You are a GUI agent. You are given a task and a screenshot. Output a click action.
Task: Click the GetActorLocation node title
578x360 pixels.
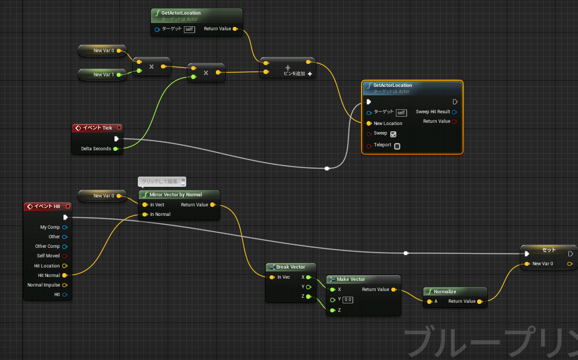181,13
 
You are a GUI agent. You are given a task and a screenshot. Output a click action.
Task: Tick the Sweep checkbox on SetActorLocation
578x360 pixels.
394,134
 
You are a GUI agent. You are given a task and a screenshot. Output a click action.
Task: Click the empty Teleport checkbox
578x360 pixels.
397,146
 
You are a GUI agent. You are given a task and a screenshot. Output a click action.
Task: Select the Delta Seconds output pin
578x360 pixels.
115,149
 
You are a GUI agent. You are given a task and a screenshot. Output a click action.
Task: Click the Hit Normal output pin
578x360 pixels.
64,275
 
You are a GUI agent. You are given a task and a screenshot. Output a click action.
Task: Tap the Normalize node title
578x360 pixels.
445,292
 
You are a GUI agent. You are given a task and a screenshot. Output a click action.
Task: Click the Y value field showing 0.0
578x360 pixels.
348,300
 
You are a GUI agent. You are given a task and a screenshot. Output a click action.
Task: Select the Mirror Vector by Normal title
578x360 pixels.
176,195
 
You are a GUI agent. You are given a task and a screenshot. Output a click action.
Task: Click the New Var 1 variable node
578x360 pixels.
102,75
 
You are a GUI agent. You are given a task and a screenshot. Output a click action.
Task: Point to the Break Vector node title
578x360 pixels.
290,267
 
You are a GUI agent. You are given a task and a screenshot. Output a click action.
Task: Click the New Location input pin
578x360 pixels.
369,123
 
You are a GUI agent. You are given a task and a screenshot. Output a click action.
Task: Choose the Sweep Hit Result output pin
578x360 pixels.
454,112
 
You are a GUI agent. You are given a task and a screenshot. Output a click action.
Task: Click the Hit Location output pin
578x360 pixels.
64,266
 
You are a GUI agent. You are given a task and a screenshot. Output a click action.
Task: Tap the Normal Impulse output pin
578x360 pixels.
64,285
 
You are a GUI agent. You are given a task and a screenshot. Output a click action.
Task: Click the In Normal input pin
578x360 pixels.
145,214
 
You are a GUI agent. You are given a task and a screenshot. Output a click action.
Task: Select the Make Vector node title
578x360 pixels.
350,280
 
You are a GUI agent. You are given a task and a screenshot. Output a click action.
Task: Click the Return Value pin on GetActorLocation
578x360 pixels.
235,29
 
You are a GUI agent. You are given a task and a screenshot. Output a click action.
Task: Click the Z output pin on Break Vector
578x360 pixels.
308,297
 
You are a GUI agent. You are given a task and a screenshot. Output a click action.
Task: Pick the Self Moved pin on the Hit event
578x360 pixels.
64,256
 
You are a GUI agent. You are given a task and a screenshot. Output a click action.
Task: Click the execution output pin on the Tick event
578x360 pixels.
116,139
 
